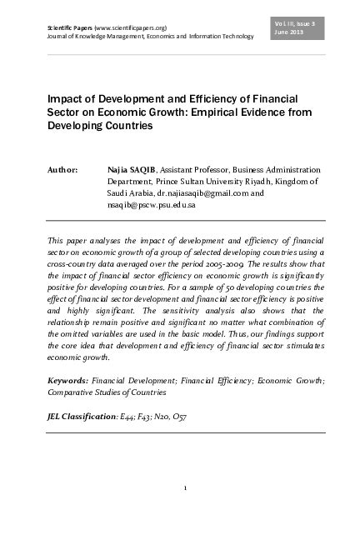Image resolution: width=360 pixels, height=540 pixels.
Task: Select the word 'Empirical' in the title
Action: (222, 114)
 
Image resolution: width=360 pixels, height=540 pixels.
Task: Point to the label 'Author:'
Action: (63, 170)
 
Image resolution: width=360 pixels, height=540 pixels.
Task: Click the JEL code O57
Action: (180, 415)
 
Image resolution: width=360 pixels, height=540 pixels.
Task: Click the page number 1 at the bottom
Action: (185, 488)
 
